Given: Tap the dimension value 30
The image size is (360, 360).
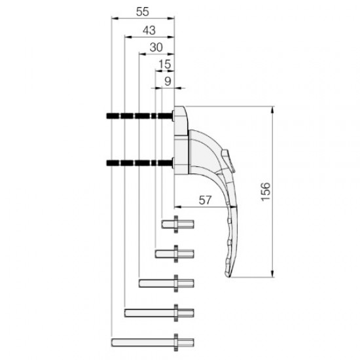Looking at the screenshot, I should pos(156,47).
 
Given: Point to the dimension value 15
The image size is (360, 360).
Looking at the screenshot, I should pos(164,64).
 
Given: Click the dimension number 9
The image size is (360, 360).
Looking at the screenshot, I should pos(167,81).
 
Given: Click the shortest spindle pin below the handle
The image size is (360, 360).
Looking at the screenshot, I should pos(177,225).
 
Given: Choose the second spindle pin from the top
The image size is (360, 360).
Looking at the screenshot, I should pos(174,253).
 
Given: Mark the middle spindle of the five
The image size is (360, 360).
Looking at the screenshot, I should pos(166,283).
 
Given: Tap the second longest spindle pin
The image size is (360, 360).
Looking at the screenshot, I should pos(159,312).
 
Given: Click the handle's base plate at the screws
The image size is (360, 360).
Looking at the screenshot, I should pos(180,139).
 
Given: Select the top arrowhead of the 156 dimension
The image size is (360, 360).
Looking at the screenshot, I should pos(272,109).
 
